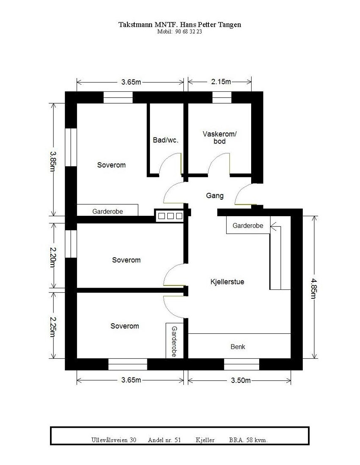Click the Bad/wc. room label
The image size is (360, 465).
(165, 140)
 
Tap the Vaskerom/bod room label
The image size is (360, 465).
(219, 138)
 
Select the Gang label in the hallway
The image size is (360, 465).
(214, 196)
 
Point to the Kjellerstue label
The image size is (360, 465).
(227, 281)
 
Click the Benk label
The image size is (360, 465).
(238, 347)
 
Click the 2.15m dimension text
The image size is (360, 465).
(221, 82)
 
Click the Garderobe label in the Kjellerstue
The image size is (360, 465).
(248, 226)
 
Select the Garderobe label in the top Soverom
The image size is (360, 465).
(108, 211)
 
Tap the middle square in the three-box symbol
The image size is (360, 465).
(170, 216)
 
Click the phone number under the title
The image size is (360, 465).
(180, 32)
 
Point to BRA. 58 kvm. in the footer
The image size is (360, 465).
(248, 440)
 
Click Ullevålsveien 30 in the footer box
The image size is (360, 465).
(114, 440)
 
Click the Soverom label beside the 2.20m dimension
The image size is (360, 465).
(126, 260)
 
